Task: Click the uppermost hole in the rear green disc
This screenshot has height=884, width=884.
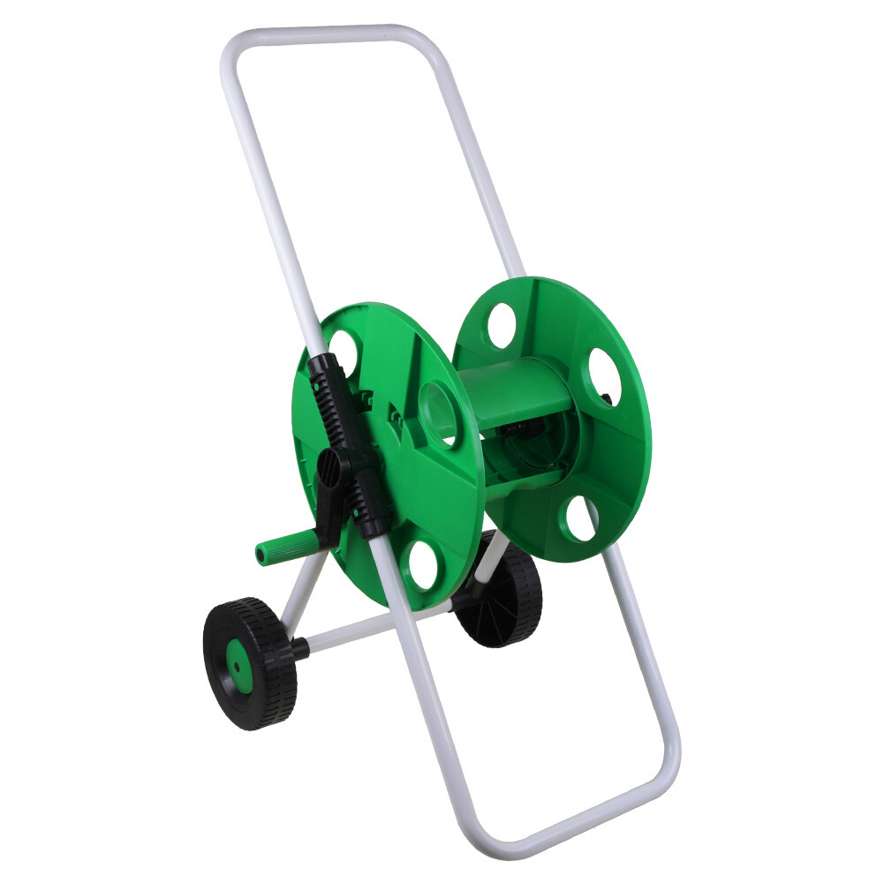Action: [x=502, y=325]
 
